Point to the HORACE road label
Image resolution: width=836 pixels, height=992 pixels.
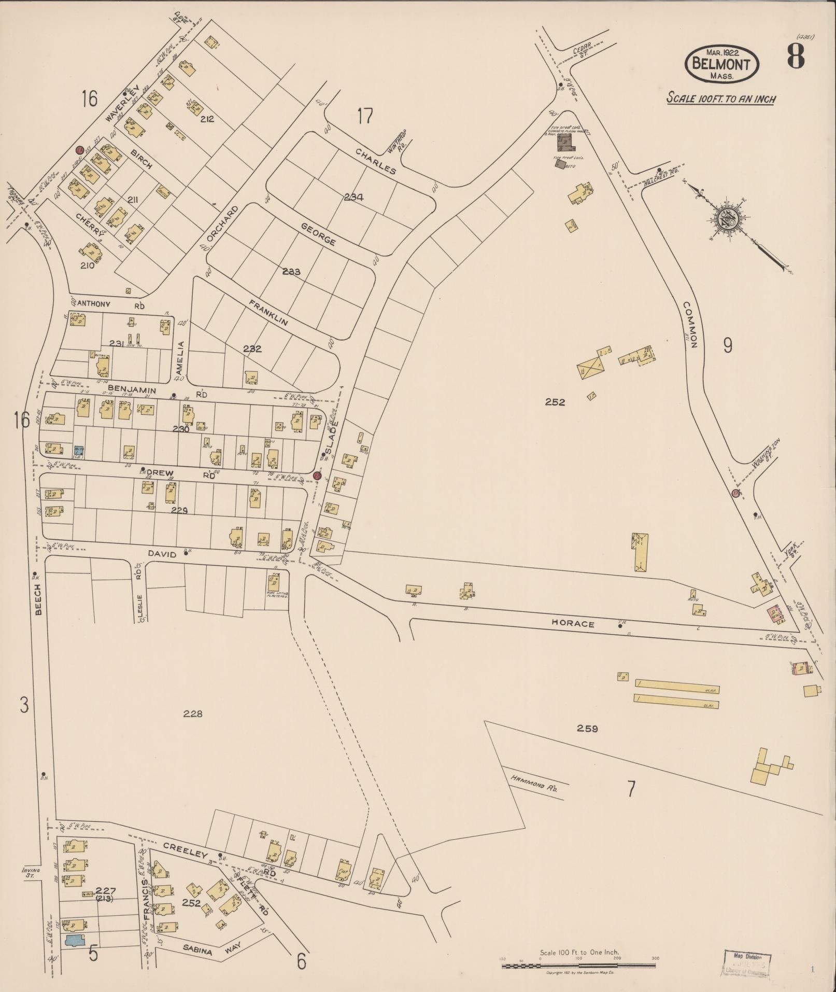click(x=572, y=624)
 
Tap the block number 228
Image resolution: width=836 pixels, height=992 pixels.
click(x=193, y=714)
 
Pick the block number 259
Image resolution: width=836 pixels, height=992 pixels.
click(x=587, y=729)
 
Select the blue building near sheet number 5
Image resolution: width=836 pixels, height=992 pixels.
click(x=74, y=940)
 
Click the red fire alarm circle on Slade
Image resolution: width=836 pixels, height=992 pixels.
click(x=317, y=476)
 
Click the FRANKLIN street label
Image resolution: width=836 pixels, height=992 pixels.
click(x=271, y=313)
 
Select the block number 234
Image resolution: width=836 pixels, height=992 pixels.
click(x=354, y=197)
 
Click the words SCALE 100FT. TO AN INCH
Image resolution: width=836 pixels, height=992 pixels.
click(x=720, y=98)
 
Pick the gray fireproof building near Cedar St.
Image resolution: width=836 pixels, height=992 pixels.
click(x=564, y=141)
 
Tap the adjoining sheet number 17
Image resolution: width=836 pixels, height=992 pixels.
click(x=365, y=116)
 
